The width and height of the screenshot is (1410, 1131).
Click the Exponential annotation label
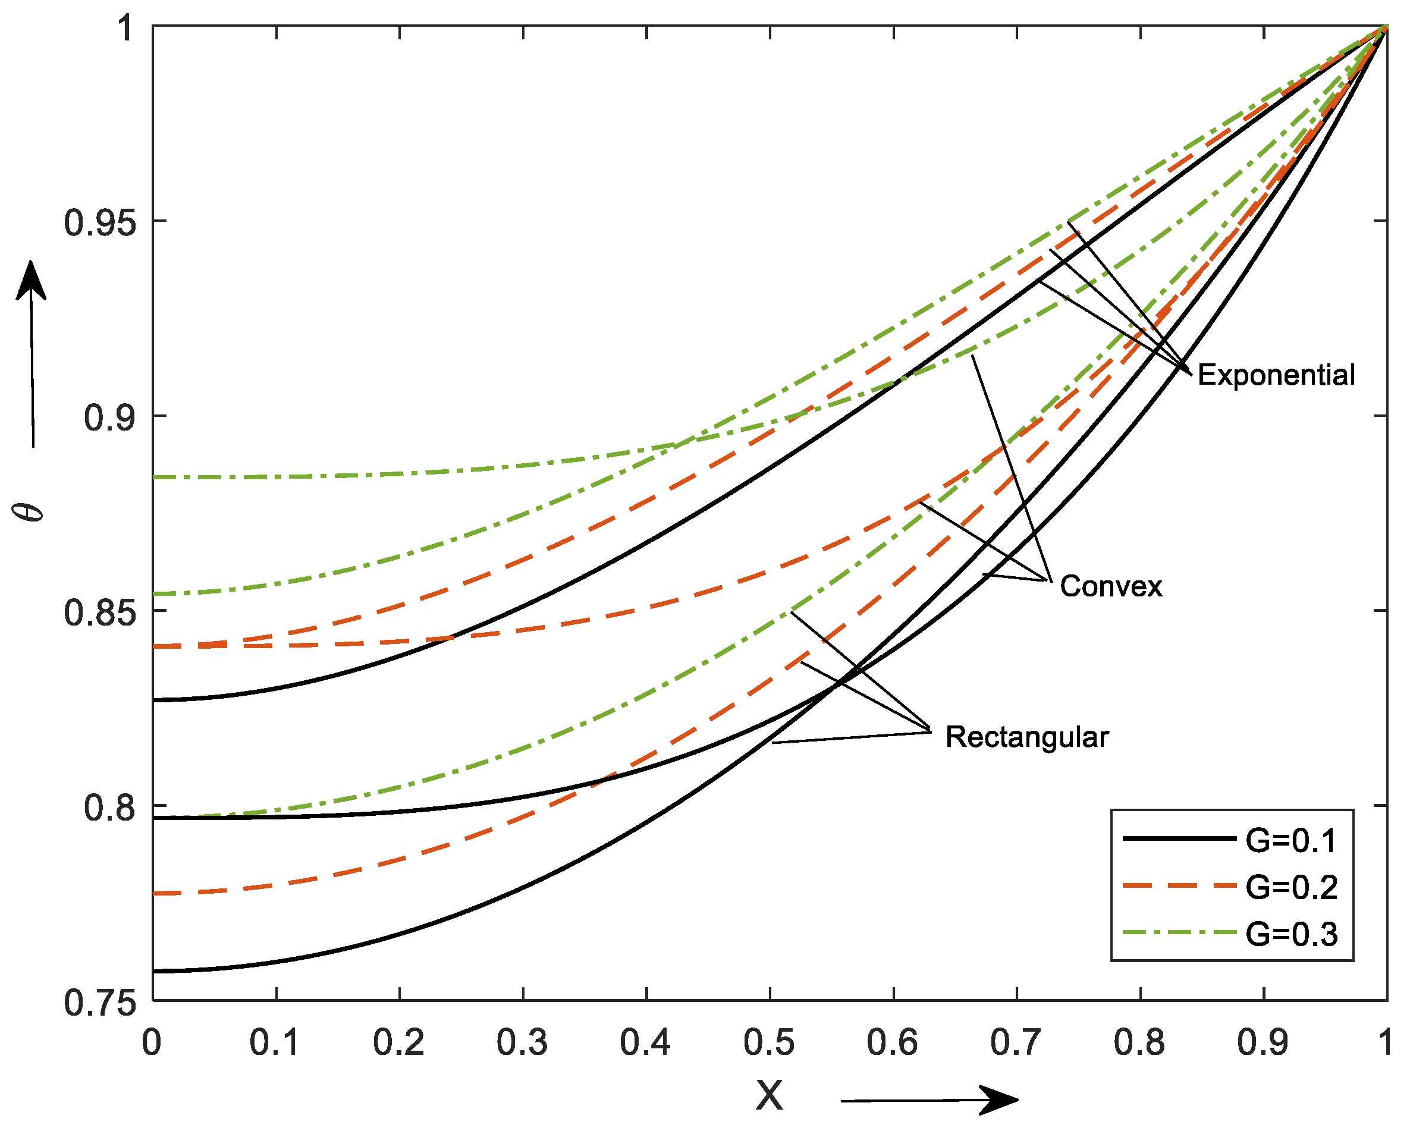1275,375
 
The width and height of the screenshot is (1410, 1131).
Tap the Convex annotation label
1110,586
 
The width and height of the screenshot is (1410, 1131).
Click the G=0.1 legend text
1291,841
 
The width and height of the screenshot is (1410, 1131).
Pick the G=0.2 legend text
1291,888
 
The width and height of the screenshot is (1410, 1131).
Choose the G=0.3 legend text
1291,935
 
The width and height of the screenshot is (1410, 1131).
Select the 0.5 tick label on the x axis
769,1043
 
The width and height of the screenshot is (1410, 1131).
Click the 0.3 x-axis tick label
522,1043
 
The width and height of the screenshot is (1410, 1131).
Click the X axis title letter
769,1095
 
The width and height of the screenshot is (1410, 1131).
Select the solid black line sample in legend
1179,838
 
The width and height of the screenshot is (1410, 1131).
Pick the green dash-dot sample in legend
1179,932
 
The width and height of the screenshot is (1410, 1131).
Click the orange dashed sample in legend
1179,885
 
